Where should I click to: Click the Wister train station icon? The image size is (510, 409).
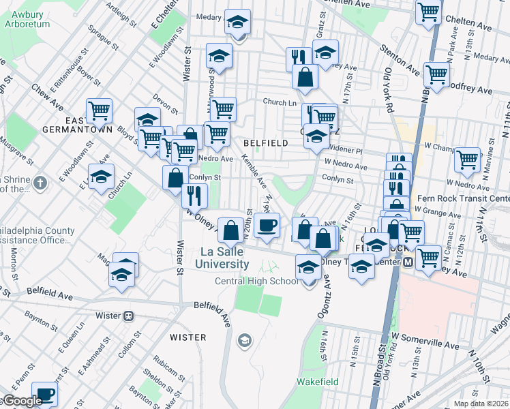(128, 316)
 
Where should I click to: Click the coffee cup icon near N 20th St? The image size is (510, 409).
(267, 225)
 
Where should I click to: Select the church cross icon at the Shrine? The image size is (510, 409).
(41, 183)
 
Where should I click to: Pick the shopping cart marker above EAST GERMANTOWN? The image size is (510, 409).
(99, 110)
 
